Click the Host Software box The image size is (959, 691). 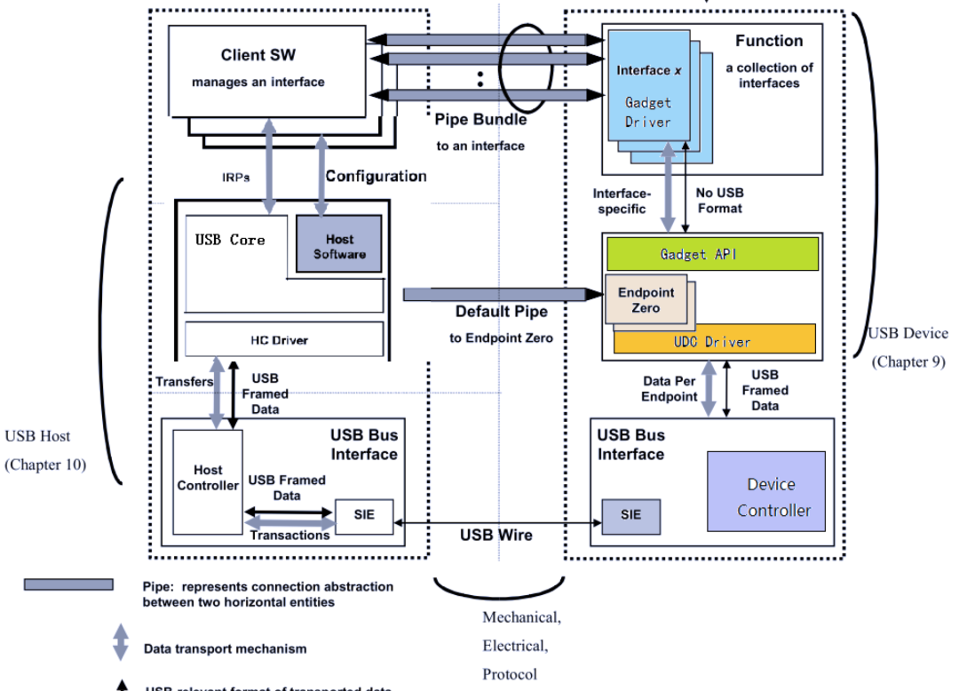(339, 246)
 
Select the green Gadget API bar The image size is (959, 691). (710, 254)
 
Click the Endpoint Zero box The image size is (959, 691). (646, 299)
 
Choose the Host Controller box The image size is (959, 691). (208, 478)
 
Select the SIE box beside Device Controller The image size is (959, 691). (630, 515)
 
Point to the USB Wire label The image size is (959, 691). (495, 535)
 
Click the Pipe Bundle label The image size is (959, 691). (480, 119)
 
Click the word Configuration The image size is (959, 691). (376, 176)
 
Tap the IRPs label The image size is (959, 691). (236, 177)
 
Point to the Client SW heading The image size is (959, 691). (258, 55)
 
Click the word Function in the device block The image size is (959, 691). (769, 41)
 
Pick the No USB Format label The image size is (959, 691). (719, 200)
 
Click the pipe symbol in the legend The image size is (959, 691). (68, 584)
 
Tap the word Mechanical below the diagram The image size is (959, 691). (520, 616)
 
